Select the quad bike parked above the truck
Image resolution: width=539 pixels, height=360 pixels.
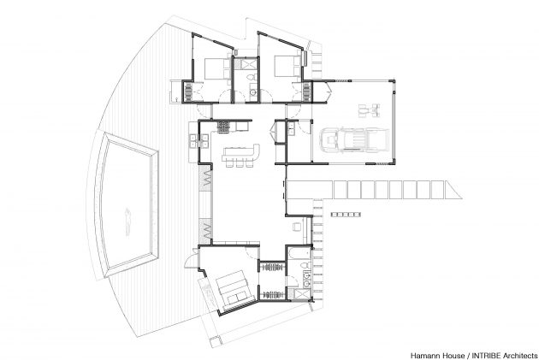(370, 110)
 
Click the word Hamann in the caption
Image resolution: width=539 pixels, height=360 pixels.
(423, 355)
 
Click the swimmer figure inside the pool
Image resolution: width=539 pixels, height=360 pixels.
(128, 221)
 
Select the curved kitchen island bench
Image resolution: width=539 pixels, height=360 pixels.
(240, 153)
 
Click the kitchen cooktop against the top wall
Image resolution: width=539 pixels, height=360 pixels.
(223, 127)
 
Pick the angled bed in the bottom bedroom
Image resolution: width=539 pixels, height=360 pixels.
(234, 291)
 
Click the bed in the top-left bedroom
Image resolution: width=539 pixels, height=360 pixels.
(218, 68)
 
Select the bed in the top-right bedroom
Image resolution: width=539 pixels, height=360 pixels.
(287, 68)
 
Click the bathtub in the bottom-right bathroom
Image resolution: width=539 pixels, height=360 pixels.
(299, 253)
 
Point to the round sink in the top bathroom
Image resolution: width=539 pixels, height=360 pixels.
(252, 92)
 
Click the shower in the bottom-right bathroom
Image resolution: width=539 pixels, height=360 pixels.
(303, 295)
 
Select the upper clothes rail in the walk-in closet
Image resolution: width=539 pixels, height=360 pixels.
(272, 267)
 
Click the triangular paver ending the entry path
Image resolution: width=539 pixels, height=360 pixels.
(453, 190)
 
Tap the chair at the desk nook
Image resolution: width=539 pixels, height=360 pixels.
(296, 227)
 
